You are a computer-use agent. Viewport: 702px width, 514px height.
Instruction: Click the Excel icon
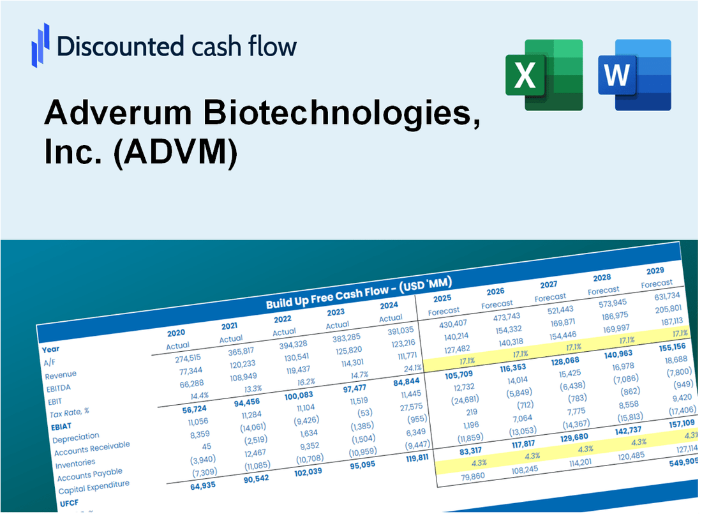pos(544,74)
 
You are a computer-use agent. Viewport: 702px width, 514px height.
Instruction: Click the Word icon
pos(634,74)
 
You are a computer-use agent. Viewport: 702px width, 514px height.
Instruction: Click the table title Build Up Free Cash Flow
pos(327,298)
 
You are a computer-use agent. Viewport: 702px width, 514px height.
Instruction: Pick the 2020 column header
pos(176,333)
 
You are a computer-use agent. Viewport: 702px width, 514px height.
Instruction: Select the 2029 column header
pos(655,270)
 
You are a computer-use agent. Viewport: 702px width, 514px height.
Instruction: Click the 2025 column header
pos(442,299)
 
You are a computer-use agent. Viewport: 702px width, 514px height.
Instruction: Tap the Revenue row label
pos(61,375)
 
